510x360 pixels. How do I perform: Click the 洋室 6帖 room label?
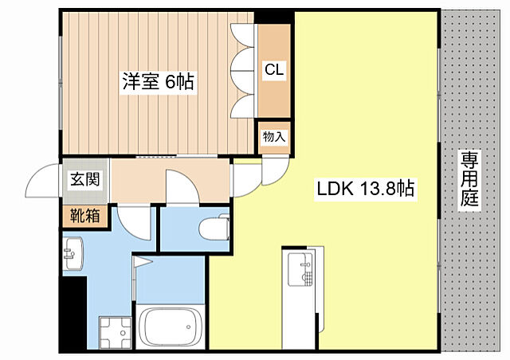(x=159, y=81)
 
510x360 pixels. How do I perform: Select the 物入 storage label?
(x=274, y=137)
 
